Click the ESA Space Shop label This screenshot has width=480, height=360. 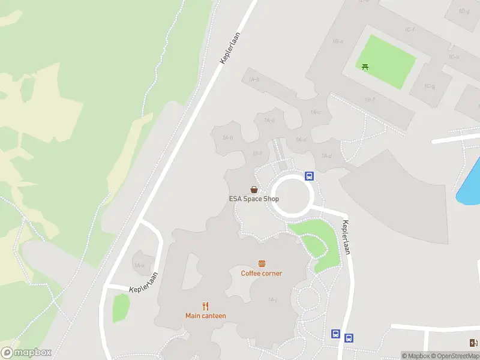tap(254, 199)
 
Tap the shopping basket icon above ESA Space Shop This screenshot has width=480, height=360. tap(254, 189)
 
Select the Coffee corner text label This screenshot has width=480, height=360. tap(262, 274)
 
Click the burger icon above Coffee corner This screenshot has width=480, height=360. tap(262, 263)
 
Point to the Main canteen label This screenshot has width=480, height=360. tap(206, 316)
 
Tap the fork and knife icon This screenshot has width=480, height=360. tap(206, 306)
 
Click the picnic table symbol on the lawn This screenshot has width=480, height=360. tap(365, 67)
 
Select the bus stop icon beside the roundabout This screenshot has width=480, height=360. tap(309, 176)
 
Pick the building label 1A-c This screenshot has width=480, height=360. tap(316, 112)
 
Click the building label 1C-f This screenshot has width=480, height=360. tap(410, 29)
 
